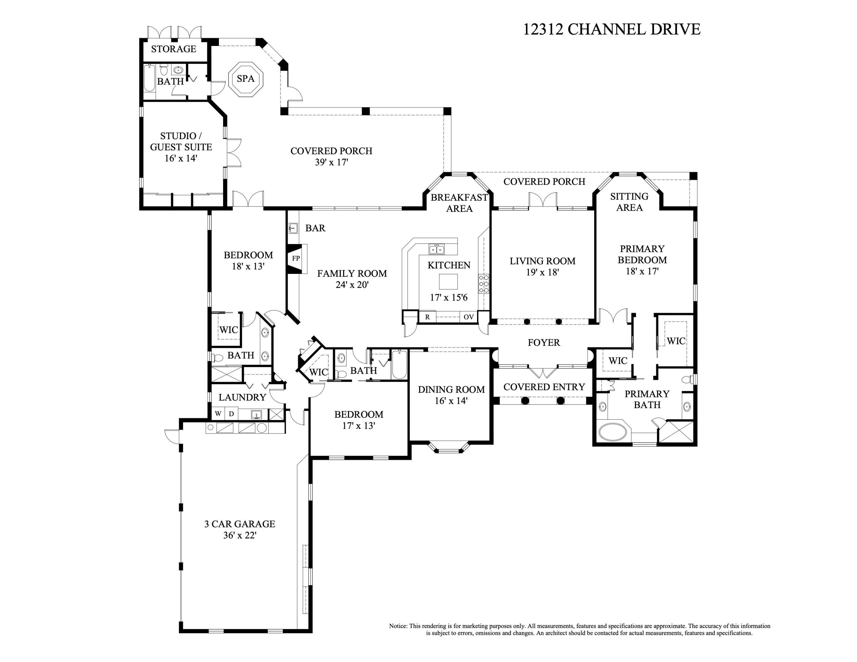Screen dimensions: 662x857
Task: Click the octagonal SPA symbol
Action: (246, 79)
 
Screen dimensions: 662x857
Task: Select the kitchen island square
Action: (448, 281)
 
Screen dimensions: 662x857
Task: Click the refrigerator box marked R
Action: (427, 317)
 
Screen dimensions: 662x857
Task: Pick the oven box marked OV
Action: (468, 317)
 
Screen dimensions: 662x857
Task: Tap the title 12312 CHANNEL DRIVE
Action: (611, 29)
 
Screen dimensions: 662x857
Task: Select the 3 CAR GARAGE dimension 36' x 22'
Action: (240, 535)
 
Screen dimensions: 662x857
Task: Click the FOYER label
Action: (543, 342)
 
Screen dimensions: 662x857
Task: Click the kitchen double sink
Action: (437, 249)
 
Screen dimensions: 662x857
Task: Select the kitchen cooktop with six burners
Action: (483, 284)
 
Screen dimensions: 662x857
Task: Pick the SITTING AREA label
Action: (629, 202)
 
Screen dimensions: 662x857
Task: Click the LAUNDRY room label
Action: (242, 397)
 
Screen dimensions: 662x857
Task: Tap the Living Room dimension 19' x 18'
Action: (542, 272)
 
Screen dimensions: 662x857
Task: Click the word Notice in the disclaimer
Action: (398, 626)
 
